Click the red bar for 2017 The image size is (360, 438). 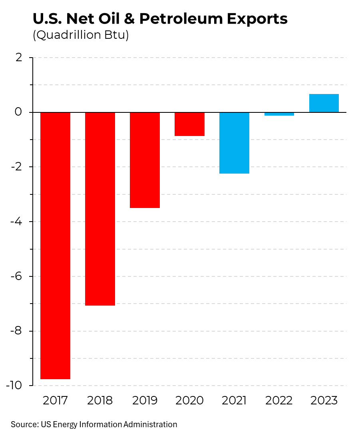click(56, 245)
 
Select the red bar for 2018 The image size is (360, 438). click(100, 209)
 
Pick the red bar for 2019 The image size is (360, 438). click(145, 160)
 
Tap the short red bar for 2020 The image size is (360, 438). click(190, 124)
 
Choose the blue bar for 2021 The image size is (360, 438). click(235, 143)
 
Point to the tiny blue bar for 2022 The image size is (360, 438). click(279, 114)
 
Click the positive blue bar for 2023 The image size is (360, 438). click(324, 103)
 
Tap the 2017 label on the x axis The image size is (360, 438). click(56, 400)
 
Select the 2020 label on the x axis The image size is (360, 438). click(190, 400)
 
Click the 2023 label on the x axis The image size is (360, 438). click(324, 400)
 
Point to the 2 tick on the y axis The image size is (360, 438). click(19, 58)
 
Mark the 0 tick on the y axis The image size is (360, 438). click(19, 112)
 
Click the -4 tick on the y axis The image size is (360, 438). click(17, 222)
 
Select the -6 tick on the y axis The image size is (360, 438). click(17, 276)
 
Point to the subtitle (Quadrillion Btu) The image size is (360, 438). click(80, 35)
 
